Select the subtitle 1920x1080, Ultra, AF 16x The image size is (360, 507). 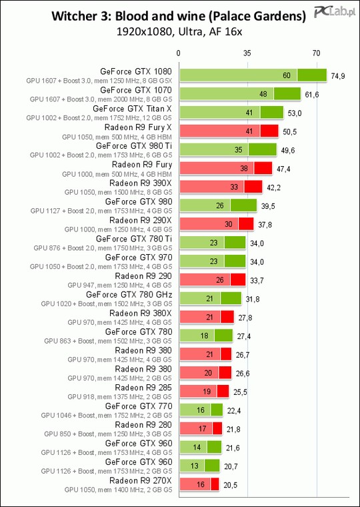tap(179, 32)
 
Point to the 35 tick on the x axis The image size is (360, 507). tap(247, 53)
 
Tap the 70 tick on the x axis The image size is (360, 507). tap(317, 53)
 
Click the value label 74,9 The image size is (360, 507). tap(338, 76)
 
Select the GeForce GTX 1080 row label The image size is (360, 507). tap(136, 71)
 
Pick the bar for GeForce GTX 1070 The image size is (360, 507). tap(240, 94)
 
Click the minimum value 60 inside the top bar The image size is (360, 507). tap(287, 75)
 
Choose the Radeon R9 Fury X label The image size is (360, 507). tap(138, 127)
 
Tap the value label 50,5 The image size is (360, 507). tap(289, 131)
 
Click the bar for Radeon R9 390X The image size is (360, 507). tap(221, 187)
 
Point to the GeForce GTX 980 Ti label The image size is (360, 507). tap(134, 145)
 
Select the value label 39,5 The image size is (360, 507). tap(268, 207)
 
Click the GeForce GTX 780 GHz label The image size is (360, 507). tap(129, 295)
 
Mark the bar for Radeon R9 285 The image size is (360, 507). tap(204, 391)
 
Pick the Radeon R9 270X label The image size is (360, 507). tap(141, 481)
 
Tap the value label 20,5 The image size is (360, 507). tap(231, 486)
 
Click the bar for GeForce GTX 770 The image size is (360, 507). tap(201, 410)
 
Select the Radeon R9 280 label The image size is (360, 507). tap(143, 424)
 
